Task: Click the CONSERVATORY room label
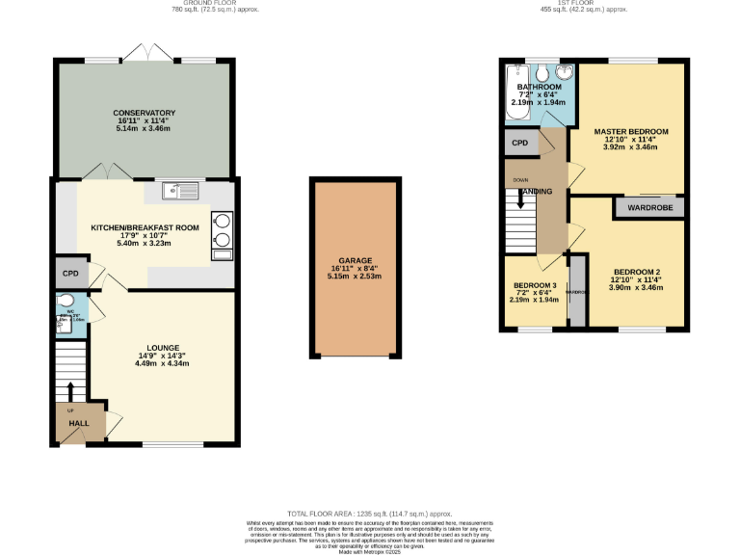pyautogui.click(x=144, y=113)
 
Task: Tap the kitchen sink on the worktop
pyautogui.click(x=179, y=190)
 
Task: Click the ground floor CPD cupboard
pyautogui.click(x=70, y=274)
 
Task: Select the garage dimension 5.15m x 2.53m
pyautogui.click(x=356, y=277)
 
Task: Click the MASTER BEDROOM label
pyautogui.click(x=630, y=131)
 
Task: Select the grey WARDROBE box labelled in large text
pyautogui.click(x=649, y=207)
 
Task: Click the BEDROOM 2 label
pyautogui.click(x=636, y=272)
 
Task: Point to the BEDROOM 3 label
pyautogui.click(x=534, y=286)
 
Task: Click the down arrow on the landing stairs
pyautogui.click(x=521, y=199)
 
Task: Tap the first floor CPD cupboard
pyautogui.click(x=520, y=144)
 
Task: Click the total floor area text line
pyautogui.click(x=370, y=515)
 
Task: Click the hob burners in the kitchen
pyautogui.click(x=223, y=228)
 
